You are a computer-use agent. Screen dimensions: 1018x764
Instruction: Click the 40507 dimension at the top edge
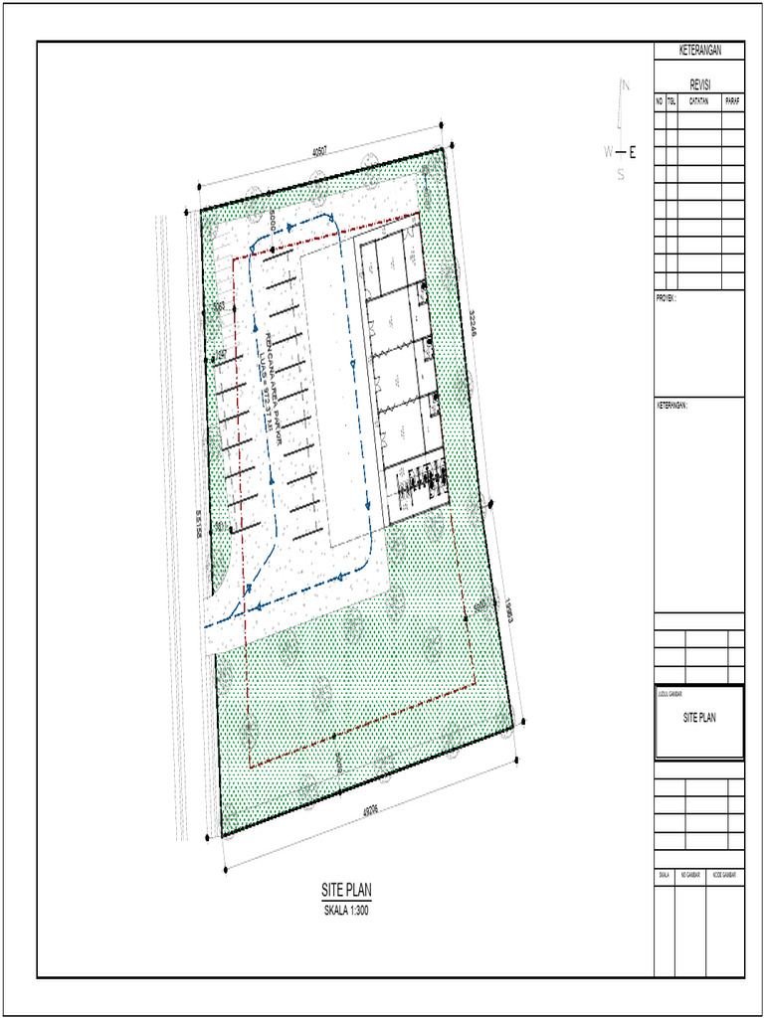click(x=319, y=152)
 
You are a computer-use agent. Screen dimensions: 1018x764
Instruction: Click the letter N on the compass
click(x=626, y=86)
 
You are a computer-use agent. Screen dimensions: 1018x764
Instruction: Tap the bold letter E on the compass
click(x=633, y=152)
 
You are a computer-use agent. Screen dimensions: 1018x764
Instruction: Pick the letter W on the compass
click(x=608, y=152)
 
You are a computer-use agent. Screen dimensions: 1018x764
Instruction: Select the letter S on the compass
click(x=620, y=176)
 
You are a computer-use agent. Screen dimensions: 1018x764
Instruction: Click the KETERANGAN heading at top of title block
click(x=698, y=51)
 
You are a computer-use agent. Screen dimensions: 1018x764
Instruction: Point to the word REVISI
click(x=698, y=86)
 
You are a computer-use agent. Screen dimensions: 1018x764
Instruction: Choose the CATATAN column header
click(x=699, y=101)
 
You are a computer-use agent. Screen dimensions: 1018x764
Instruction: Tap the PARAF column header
click(x=733, y=101)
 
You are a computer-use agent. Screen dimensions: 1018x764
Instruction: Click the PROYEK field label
click(x=666, y=297)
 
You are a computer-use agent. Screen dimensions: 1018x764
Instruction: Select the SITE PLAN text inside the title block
click(x=698, y=718)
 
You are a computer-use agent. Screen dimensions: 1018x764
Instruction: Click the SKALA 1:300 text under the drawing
click(x=346, y=910)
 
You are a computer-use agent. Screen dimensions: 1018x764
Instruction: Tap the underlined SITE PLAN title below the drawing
click(x=346, y=891)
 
